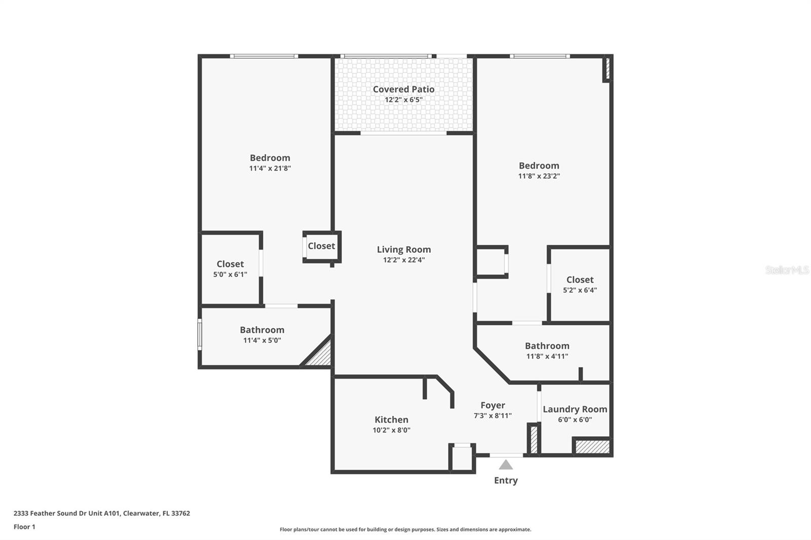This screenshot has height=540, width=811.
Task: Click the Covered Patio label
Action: click(403, 89)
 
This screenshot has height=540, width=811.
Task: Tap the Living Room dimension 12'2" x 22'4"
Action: click(403, 260)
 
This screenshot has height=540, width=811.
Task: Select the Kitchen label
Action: click(391, 419)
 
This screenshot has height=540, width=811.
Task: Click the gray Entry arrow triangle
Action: click(505, 465)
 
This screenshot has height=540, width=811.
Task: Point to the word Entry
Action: click(505, 480)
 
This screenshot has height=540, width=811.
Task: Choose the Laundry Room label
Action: click(575, 409)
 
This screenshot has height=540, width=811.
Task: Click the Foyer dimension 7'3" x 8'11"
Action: click(492, 415)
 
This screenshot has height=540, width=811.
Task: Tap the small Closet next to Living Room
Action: click(321, 246)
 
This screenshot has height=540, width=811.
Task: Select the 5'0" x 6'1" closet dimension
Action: click(230, 274)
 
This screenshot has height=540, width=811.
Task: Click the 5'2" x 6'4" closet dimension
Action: click(580, 290)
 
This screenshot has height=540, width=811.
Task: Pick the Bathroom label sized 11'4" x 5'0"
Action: click(262, 330)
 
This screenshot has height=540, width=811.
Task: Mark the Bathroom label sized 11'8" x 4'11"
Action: click(547, 345)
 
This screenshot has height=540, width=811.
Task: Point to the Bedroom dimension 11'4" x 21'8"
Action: click(270, 168)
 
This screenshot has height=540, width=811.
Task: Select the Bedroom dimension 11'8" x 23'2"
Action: click(539, 176)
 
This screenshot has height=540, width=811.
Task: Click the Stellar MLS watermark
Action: click(787, 270)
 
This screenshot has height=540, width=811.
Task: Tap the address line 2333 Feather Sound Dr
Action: click(101, 513)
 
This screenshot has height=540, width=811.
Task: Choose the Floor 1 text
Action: click(24, 527)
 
